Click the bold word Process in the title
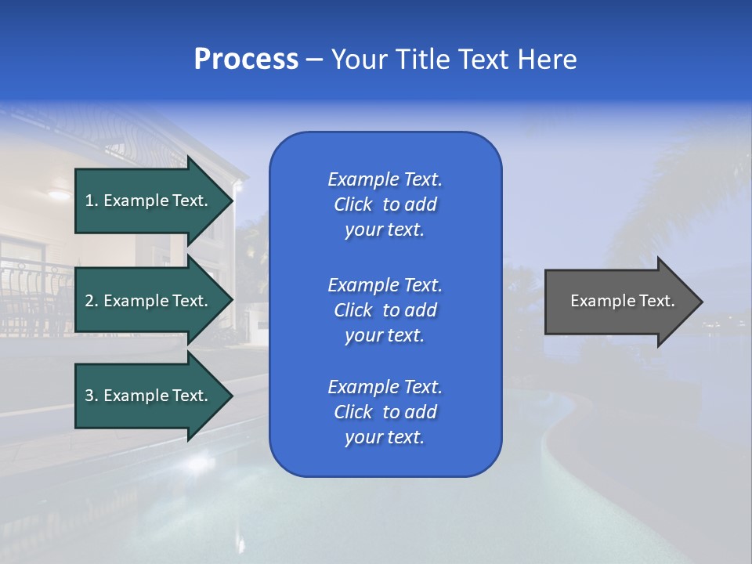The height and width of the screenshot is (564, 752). [x=246, y=60]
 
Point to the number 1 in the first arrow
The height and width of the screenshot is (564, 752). [x=89, y=201]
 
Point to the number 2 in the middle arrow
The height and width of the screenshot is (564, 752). [x=89, y=301]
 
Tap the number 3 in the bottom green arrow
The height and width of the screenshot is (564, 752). [x=89, y=396]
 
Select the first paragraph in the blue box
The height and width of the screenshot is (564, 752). [x=385, y=204]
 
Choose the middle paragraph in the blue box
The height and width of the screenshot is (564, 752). [x=385, y=310]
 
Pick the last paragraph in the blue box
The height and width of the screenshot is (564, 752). [x=385, y=412]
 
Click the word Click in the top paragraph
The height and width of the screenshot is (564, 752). [x=352, y=204]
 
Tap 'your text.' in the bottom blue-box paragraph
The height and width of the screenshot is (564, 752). [x=385, y=437]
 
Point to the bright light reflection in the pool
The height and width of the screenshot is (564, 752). [x=196, y=462]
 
